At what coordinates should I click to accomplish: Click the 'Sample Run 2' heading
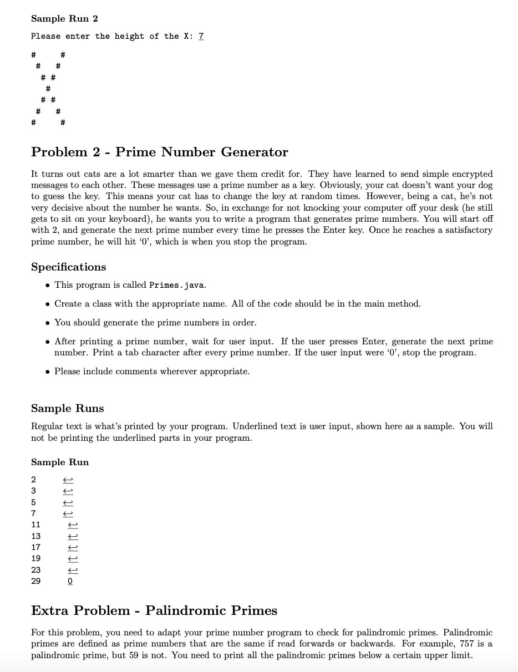tap(64, 19)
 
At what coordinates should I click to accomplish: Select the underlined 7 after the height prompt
tap(201, 36)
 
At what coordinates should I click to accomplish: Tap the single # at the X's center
tap(48, 88)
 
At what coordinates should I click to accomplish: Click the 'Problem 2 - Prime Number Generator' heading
tap(160, 152)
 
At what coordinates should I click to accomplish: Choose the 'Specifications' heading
tap(69, 267)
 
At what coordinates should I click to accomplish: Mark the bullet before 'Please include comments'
tap(48, 371)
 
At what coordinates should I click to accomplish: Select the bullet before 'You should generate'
tap(48, 323)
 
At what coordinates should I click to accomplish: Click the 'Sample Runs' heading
tap(68, 409)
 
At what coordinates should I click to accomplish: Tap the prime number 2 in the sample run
tap(34, 480)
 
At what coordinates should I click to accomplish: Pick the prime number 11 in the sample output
tap(36, 525)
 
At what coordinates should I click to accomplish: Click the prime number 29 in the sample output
tap(36, 581)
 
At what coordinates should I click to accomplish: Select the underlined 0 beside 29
tap(70, 581)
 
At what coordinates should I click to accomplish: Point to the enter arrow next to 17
tap(73, 547)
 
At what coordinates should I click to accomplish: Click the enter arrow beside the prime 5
tap(68, 502)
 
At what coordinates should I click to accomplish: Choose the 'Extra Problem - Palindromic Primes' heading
tap(154, 610)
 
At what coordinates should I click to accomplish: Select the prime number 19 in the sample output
tap(36, 558)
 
